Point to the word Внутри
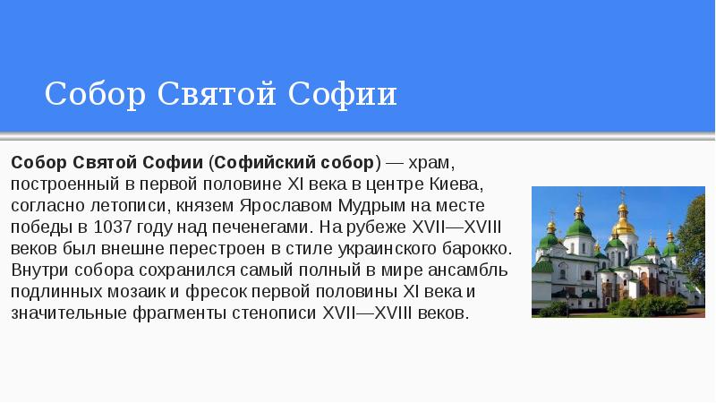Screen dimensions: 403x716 tap(38, 270)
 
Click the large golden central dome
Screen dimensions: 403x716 tap(624, 224)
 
